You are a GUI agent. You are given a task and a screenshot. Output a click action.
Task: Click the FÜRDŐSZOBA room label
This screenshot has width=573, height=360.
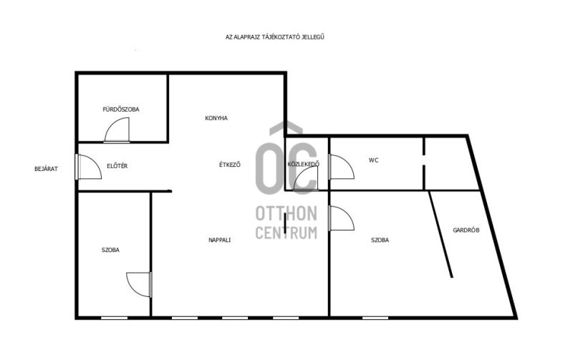[121, 110]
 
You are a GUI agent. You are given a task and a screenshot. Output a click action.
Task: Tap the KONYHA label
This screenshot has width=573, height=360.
[216, 118]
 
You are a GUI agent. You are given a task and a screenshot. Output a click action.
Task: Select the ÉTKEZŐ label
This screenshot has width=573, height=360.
[230, 165]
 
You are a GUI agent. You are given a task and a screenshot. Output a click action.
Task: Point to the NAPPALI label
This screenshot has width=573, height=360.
[220, 240]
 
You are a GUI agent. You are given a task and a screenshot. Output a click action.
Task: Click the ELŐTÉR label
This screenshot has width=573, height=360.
[117, 166]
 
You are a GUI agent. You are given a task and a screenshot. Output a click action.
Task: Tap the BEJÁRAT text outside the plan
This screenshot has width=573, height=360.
[46, 169]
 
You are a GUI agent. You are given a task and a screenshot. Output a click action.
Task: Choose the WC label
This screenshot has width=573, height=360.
[373, 160]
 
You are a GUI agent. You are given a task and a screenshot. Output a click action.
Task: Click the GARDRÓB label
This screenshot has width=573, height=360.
[466, 230]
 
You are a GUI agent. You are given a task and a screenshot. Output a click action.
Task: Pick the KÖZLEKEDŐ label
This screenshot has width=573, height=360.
[303, 164]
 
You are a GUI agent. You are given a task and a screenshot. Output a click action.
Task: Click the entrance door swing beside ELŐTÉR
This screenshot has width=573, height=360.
[89, 167]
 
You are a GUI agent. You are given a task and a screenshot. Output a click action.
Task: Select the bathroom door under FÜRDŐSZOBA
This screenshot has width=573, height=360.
[117, 130]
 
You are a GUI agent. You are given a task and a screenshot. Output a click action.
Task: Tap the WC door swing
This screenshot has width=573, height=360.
[342, 167]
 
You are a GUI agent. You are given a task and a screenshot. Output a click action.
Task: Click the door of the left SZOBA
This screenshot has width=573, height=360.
[139, 284]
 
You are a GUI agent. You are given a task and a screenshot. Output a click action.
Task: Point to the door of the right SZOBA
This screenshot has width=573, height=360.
[342, 218]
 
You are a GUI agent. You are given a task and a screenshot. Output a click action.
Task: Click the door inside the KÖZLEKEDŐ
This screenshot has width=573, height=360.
[306, 178]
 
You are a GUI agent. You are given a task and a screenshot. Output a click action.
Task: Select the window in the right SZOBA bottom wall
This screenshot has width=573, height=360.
[375, 318]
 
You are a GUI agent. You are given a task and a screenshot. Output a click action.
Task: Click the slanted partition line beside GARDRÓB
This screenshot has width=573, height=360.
[441, 235]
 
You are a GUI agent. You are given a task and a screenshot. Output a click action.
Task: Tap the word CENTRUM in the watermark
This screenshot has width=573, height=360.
[286, 233]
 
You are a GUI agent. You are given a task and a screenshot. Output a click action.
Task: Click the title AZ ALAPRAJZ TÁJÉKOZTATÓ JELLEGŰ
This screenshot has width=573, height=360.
[275, 37]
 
